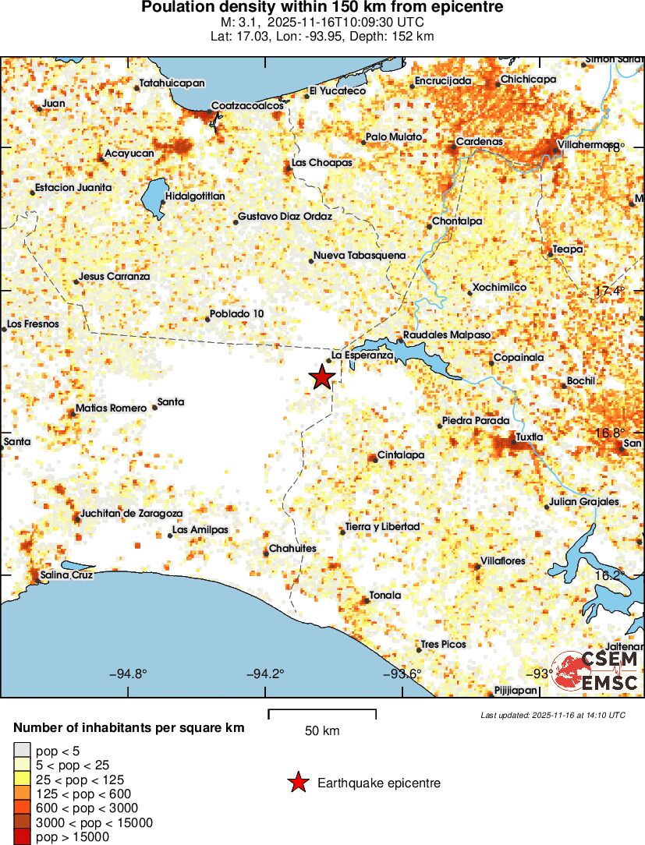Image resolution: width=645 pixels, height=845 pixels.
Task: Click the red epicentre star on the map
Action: (x=321, y=377)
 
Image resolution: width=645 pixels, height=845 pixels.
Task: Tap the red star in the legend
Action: (x=298, y=783)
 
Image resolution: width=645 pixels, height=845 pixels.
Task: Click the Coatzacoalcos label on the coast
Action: (x=247, y=106)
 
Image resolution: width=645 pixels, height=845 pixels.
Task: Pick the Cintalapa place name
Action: (x=400, y=454)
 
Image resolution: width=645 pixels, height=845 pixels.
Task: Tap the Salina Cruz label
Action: (x=66, y=575)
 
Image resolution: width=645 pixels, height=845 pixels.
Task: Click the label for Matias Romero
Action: (x=111, y=408)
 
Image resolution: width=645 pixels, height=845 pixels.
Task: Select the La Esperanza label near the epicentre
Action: (x=362, y=355)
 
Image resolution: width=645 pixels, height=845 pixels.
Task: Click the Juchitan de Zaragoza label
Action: (x=132, y=514)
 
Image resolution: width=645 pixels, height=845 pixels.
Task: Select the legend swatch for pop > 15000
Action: (x=22, y=837)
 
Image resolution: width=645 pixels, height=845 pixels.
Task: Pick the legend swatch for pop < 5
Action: (x=22, y=751)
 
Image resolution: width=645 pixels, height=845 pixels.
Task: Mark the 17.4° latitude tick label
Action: (x=610, y=292)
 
